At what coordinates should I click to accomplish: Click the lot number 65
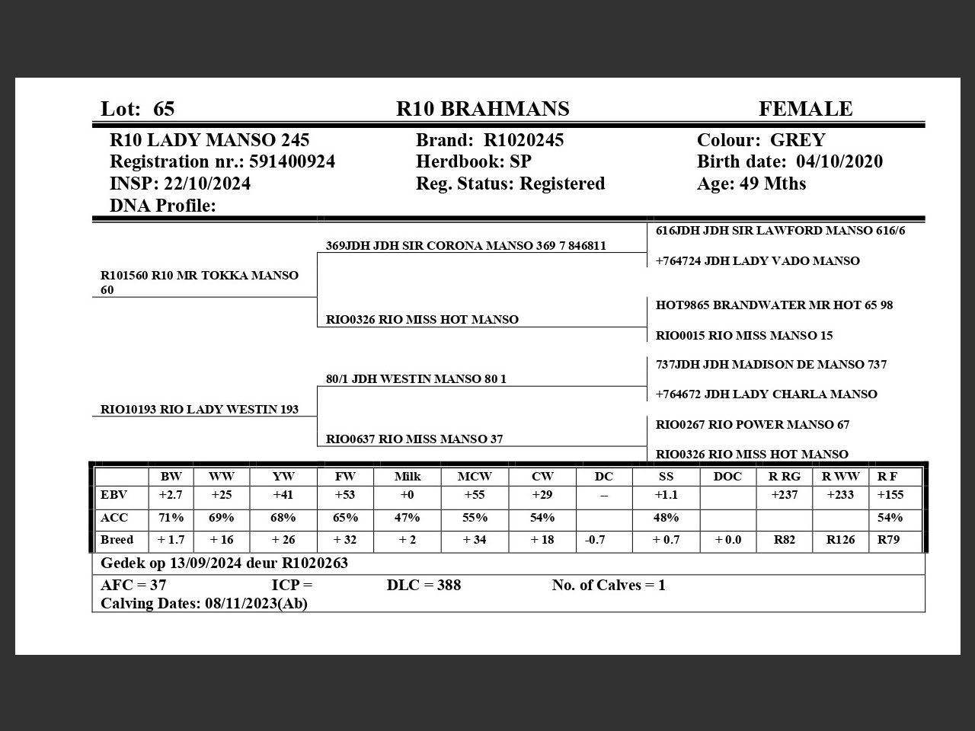[164, 109]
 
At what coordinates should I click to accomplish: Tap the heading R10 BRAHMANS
[482, 109]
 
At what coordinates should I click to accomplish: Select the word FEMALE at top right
[805, 109]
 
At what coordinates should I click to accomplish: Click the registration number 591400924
[292, 161]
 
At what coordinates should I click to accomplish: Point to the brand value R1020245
[524, 140]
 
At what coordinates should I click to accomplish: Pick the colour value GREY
[798, 140]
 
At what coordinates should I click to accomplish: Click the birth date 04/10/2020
[839, 161]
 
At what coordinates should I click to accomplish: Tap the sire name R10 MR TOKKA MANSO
[225, 275]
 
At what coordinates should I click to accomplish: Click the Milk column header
[408, 477]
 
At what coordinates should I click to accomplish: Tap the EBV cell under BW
[171, 495]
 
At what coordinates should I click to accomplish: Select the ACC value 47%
[407, 518]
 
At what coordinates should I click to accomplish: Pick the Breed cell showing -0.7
[596, 540]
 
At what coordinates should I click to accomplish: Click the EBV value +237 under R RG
[785, 495]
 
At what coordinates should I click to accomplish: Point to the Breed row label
[117, 540]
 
